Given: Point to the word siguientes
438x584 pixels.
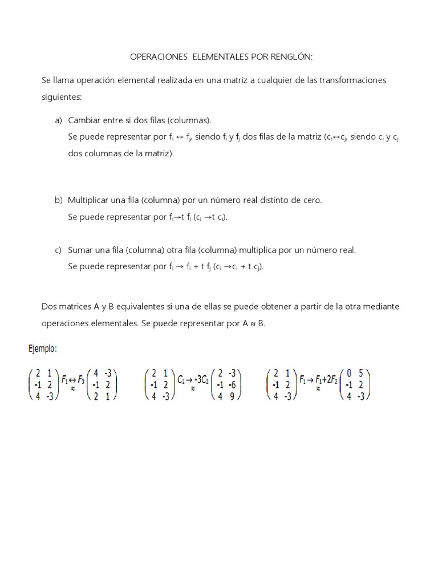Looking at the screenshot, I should pyautogui.click(x=62, y=98).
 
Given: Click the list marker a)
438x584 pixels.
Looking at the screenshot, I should pyautogui.click(x=58, y=120).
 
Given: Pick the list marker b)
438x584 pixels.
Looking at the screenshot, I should pyautogui.click(x=58, y=200).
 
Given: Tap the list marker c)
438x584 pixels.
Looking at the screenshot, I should pyautogui.click(x=58, y=250).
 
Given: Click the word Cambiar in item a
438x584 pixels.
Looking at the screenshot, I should pyautogui.click(x=84, y=120).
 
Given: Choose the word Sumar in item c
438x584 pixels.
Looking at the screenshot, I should pyautogui.click(x=80, y=250).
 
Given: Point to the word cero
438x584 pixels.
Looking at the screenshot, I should pyautogui.click(x=311, y=200).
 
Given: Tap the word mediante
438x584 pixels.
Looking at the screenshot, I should pyautogui.click(x=380, y=306).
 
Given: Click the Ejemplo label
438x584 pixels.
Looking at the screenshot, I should pyautogui.click(x=43, y=348).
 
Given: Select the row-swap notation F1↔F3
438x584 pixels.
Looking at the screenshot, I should pyautogui.click(x=73, y=378).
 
